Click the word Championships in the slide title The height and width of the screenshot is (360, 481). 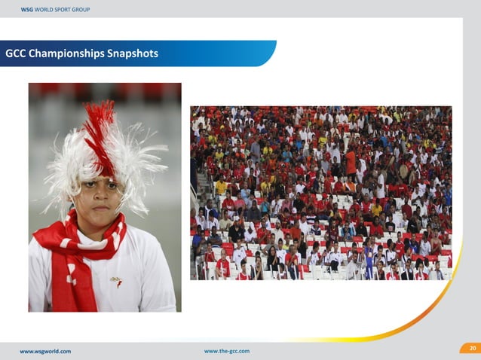tap(66, 54)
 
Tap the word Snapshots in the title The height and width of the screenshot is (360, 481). tap(133, 54)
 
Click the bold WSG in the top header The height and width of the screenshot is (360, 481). tap(26, 8)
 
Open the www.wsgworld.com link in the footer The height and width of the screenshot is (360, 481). tap(45, 351)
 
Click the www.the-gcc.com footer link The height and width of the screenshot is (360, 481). tap(226, 351)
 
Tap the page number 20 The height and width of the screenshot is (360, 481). tap(472, 348)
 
